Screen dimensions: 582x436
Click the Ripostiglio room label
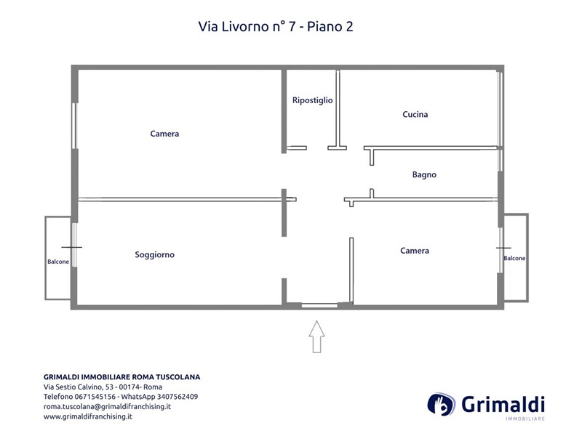pyautogui.click(x=313, y=100)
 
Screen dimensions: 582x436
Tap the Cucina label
pyautogui.click(x=415, y=114)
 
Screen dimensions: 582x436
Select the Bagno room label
pyautogui.click(x=424, y=174)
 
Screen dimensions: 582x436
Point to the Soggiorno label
pyautogui.click(x=154, y=255)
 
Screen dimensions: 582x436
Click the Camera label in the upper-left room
pyautogui.click(x=164, y=134)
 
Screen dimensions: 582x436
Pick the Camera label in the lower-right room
pyautogui.click(x=414, y=251)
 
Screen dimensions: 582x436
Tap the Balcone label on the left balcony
pyautogui.click(x=58, y=262)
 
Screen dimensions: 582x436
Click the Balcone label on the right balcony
pyautogui.click(x=514, y=259)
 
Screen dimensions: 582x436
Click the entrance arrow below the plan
pyautogui.click(x=316, y=336)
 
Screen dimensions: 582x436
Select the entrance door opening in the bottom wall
pyautogui.click(x=319, y=305)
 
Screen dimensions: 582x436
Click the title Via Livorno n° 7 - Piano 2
pyautogui.click(x=276, y=27)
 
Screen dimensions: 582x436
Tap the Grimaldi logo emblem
pyautogui.click(x=442, y=405)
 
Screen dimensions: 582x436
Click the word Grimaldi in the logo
pyautogui.click(x=503, y=404)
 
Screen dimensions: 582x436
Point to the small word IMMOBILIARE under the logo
pyautogui.click(x=525, y=419)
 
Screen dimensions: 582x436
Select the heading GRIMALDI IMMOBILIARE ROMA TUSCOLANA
pyautogui.click(x=121, y=377)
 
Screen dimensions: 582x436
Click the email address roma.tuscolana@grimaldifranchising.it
pyautogui.click(x=107, y=407)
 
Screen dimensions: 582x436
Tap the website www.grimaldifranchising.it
pyautogui.click(x=88, y=416)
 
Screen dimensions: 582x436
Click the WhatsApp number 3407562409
pyautogui.click(x=178, y=397)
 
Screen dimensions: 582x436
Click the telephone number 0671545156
pyautogui.click(x=95, y=397)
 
